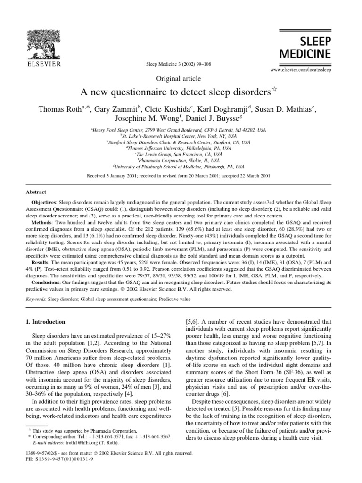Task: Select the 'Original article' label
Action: [181, 78]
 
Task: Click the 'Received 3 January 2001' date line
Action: [181, 175]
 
